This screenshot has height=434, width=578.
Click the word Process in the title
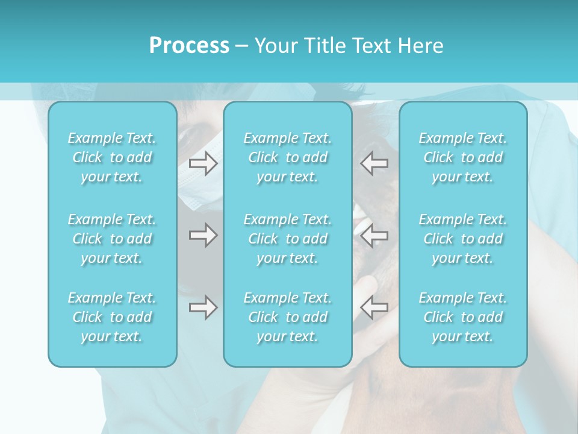tap(189, 46)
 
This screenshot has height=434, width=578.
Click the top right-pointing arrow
tap(203, 163)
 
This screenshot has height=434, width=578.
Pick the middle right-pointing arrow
tap(203, 235)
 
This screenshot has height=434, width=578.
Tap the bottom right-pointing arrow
tap(203, 307)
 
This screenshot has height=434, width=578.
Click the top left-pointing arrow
tap(374, 163)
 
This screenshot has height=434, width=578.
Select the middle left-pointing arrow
tap(374, 235)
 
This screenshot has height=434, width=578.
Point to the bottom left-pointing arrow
tap(374, 307)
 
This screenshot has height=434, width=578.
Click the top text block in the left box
tap(112, 157)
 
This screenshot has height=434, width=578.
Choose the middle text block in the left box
tap(112, 239)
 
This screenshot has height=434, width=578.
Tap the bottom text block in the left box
tap(112, 317)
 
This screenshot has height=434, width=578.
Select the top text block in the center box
tap(288, 157)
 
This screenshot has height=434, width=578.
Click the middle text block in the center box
tap(288, 239)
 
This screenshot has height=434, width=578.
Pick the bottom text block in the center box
tap(288, 317)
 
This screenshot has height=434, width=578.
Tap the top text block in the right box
tap(463, 157)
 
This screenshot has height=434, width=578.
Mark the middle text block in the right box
tap(463, 239)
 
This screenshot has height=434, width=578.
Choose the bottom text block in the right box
tap(463, 317)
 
